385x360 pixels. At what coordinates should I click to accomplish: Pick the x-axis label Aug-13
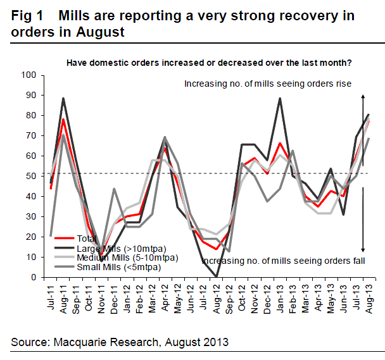(369, 295)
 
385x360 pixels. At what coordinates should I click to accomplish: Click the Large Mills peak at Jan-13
(280, 99)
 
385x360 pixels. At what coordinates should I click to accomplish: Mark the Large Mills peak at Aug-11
(63, 99)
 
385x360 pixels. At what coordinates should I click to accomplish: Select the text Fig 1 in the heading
(28, 16)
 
